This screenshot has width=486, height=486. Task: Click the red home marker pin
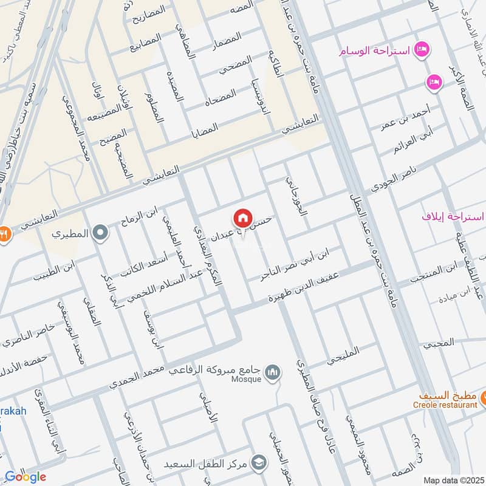coord(242,218)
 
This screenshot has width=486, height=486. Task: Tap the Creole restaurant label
coord(445,405)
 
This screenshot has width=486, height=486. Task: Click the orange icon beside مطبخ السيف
coord(484,399)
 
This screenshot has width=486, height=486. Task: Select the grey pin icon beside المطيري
coord(101,232)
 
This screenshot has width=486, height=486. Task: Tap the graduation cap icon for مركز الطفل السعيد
coord(260,463)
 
